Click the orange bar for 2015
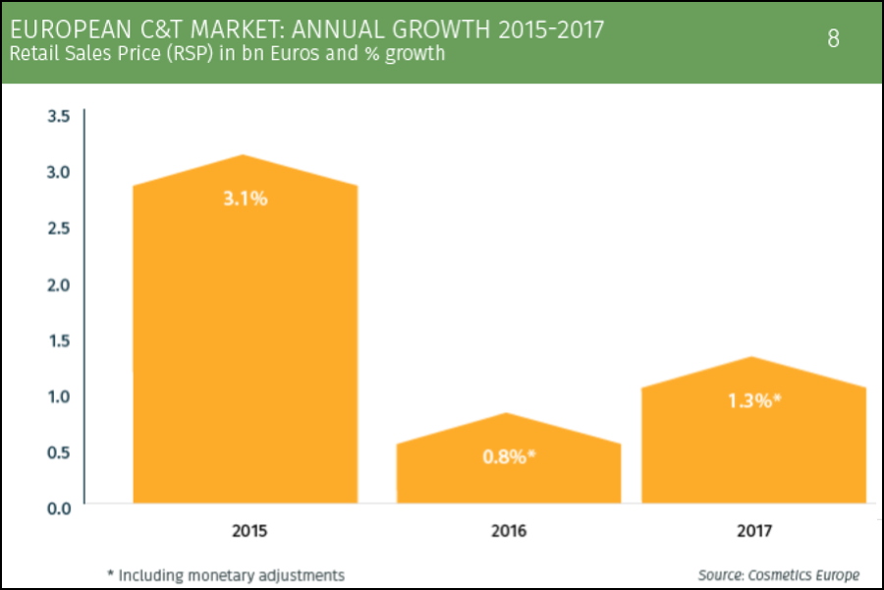245,344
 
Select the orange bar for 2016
509,472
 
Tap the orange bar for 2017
753,442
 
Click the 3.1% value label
245,198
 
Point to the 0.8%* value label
509,456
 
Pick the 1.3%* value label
753,400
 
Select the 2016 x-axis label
509,531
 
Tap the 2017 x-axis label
753,531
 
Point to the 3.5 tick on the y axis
59,116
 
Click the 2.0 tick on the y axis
59,284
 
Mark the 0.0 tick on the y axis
59,507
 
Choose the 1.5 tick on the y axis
59,340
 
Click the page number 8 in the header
834,39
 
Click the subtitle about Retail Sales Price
227,53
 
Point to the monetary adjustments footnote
226,574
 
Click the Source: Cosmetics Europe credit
779,574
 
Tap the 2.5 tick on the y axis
59,228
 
